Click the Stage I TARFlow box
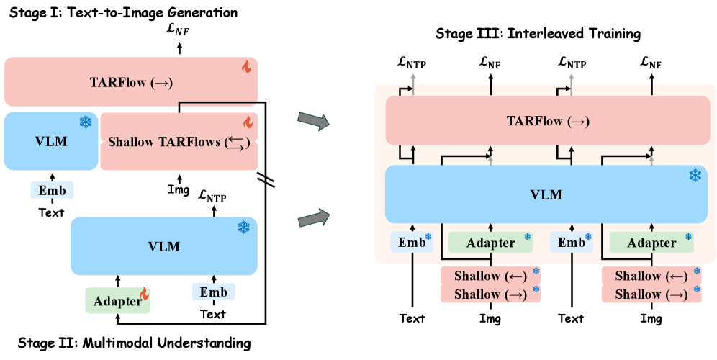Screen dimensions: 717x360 pos(131,82)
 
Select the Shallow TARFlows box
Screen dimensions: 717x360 pos(179,141)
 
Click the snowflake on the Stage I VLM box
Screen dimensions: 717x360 pos(86,122)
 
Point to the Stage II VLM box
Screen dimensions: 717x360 pos(164,246)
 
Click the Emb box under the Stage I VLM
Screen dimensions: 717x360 pos(52,190)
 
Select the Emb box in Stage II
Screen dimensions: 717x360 pos(214,292)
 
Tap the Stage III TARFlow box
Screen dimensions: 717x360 pos(547,120)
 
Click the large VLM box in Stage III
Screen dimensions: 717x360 pos(547,194)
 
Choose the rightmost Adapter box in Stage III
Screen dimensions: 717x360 pos(651,243)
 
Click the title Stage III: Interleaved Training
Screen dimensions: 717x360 pos(538,34)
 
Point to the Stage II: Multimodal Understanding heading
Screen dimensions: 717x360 pos(134,343)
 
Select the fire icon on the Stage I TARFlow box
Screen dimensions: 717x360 pos(247,67)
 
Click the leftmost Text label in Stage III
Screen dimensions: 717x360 pos(412,318)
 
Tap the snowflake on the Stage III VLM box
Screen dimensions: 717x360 pos(695,175)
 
